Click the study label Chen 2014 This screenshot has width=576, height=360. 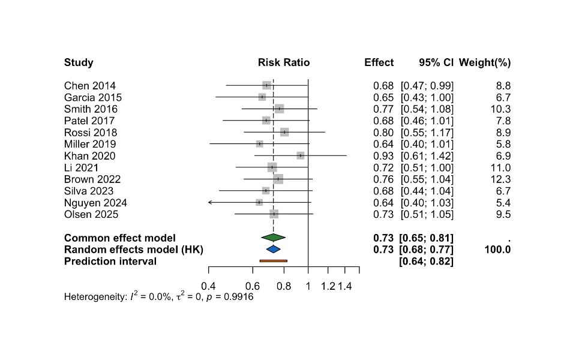(89, 86)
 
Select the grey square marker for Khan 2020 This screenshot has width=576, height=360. (301, 156)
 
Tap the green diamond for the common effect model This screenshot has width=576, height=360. (274, 238)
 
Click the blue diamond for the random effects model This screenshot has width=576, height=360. (274, 250)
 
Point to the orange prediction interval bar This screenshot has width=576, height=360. (274, 261)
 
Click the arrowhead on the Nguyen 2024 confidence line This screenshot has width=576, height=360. (210, 202)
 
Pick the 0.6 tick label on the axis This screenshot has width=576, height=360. (253, 286)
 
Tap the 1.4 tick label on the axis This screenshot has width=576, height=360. (345, 286)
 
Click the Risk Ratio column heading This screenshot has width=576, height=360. (284, 62)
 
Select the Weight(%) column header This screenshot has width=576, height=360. (485, 63)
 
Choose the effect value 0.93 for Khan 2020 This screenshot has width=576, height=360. (383, 156)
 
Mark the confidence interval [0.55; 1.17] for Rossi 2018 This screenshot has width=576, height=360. (427, 133)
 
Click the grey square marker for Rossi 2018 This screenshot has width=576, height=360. (284, 132)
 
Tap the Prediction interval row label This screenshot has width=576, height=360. (110, 261)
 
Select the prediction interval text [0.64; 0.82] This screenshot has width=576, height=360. (426, 262)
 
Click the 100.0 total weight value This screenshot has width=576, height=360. (498, 250)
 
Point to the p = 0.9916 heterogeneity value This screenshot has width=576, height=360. (230, 297)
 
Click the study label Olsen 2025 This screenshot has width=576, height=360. (91, 215)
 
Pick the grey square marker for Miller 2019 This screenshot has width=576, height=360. (260, 144)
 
